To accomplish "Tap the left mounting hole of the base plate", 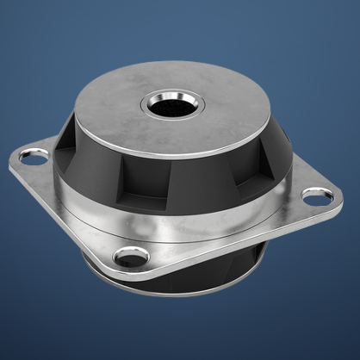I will pyautogui.click(x=34, y=156).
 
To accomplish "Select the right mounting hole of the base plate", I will pyautogui.click(x=317, y=197).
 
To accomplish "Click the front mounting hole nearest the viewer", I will pyautogui.click(x=132, y=256).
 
